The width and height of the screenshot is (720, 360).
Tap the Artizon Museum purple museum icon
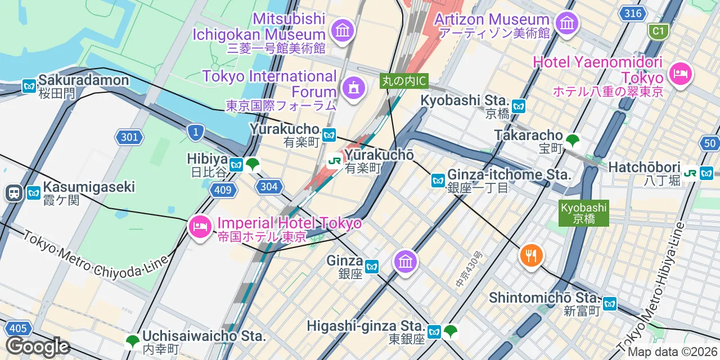tap(566, 23)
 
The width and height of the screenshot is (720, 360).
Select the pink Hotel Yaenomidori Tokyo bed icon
tap(680, 74)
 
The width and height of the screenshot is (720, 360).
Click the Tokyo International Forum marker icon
tap(353, 87)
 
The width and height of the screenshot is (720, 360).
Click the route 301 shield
tap(129, 136)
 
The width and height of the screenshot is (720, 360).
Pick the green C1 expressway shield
tap(658, 31)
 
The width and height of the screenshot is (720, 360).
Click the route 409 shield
tap(223, 190)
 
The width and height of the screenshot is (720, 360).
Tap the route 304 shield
tap(269, 186)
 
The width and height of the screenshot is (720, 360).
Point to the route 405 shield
tap(18, 328)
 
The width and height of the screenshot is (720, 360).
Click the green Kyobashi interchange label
tap(584, 213)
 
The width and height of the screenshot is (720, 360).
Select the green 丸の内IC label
tap(403, 81)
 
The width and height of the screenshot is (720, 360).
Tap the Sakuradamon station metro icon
tap(29, 86)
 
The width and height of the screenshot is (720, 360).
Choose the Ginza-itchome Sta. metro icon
tap(438, 181)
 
